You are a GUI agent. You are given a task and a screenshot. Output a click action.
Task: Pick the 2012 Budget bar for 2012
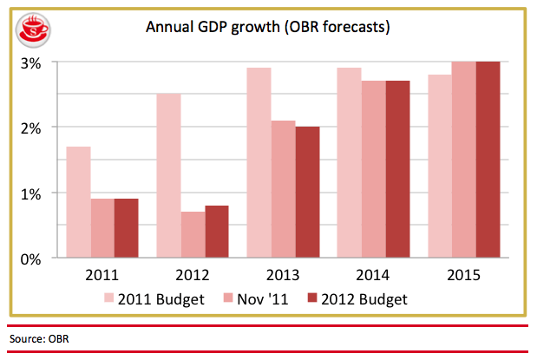[216, 232]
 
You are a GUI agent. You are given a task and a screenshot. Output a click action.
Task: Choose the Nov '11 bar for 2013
[284, 189]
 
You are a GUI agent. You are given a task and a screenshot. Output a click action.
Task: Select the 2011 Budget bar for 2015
[441, 166]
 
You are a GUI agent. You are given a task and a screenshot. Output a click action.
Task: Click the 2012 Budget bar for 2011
[126, 228]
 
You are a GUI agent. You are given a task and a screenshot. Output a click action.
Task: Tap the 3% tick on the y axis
[32, 62]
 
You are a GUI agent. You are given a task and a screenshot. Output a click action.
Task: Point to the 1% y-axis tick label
[32, 193]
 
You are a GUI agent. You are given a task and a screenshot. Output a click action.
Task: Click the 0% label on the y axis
[32, 258]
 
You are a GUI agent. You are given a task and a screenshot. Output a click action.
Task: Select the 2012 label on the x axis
[193, 277]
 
